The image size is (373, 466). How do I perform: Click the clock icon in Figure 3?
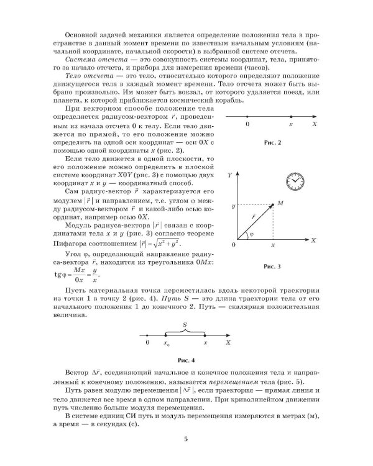point(295,181)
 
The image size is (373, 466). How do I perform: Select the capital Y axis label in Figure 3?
point(229,176)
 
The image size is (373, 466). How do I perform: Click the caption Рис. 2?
point(272,143)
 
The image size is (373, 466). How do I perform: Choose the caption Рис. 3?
point(272,266)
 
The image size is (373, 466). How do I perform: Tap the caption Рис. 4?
point(186,360)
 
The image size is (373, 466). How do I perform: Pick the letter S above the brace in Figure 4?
point(185,324)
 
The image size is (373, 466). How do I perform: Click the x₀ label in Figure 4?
point(166,343)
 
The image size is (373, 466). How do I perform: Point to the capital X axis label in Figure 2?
point(316,125)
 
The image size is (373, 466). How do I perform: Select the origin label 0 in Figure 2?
point(247,125)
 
